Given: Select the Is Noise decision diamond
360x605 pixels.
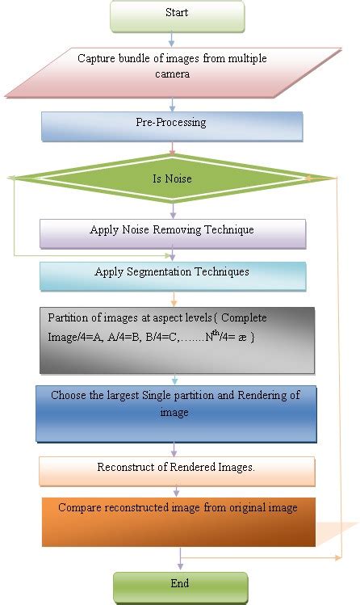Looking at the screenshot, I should (172, 178).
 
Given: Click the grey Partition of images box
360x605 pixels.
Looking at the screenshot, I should (176, 339).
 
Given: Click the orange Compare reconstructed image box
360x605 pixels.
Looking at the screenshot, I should (177, 521).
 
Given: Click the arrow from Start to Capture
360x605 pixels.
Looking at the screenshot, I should (172, 39).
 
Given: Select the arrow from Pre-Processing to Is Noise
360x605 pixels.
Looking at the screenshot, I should (172, 149).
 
